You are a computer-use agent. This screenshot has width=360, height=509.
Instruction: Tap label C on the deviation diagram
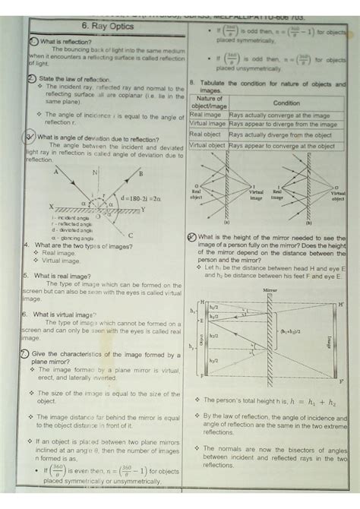130,236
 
